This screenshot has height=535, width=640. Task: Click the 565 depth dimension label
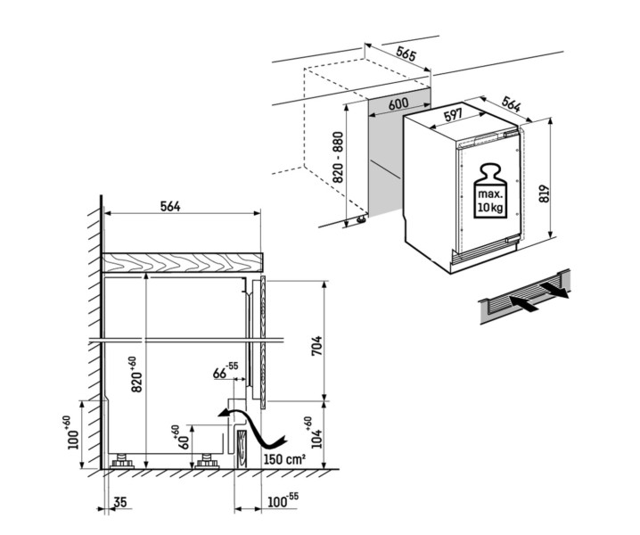pyautogui.click(x=406, y=54)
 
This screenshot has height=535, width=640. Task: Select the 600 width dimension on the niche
pyautogui.click(x=399, y=104)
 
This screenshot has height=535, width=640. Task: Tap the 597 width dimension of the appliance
pyautogui.click(x=453, y=115)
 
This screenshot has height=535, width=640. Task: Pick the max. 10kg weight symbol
pyautogui.click(x=488, y=189)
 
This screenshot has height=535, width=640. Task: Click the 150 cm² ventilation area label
pyautogui.click(x=284, y=459)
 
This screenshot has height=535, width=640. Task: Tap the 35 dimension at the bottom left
pyautogui.click(x=121, y=503)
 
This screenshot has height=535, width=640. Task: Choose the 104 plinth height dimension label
pyautogui.click(x=309, y=435)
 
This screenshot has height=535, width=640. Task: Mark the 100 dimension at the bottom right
pyautogui.click(x=276, y=503)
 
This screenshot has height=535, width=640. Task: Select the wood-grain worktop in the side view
pyautogui.click(x=184, y=261)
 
